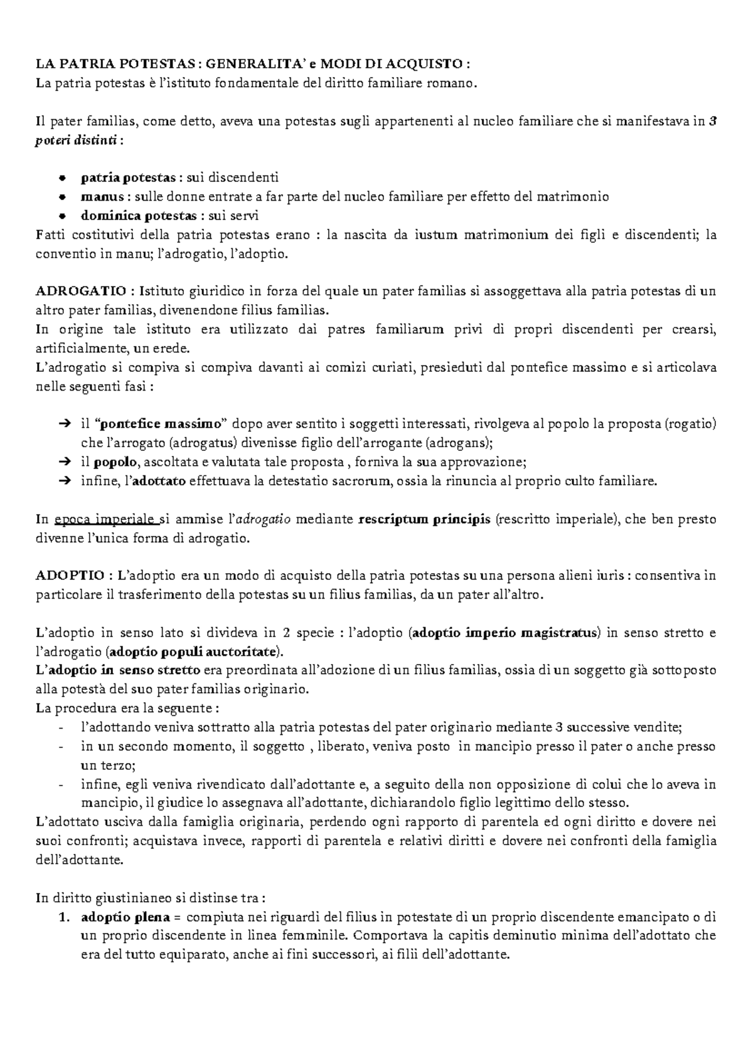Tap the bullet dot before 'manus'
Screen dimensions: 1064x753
point(61,197)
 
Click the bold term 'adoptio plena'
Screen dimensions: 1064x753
point(125,917)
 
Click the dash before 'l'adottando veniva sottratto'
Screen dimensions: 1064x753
point(60,728)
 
